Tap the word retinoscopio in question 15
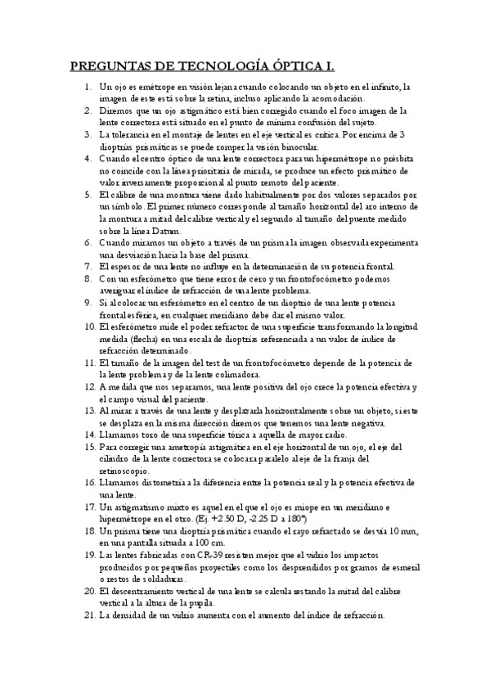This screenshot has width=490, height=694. [x=124, y=471]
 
